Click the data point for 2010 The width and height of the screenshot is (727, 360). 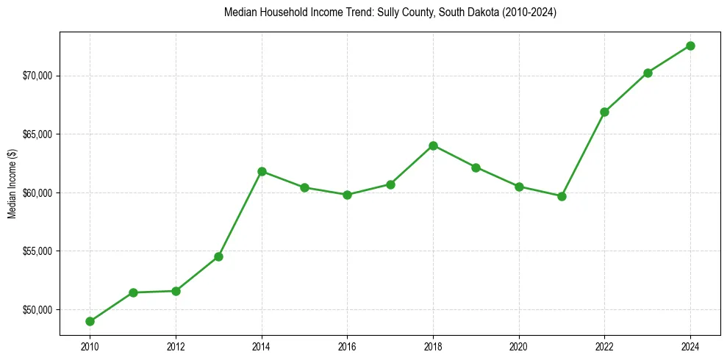click(x=90, y=321)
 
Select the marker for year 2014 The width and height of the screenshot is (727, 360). click(x=262, y=171)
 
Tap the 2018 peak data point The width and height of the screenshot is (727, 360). click(x=433, y=145)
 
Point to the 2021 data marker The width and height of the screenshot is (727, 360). click(x=562, y=196)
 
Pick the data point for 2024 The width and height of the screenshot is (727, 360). click(x=690, y=46)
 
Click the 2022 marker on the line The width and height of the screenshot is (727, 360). click(x=604, y=112)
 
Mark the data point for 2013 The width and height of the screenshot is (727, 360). click(x=218, y=256)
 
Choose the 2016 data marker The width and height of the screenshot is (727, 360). click(x=347, y=195)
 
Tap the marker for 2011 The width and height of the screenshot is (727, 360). click(x=133, y=292)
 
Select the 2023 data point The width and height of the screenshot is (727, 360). click(x=648, y=73)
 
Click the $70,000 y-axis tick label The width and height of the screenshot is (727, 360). click(x=37, y=76)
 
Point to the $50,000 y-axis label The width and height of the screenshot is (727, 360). click(x=37, y=309)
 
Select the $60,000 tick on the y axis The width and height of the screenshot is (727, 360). click(x=37, y=192)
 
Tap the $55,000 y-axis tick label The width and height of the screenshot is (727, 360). click(x=37, y=251)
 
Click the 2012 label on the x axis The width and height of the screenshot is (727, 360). click(x=176, y=346)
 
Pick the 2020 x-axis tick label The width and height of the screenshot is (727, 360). click(x=519, y=346)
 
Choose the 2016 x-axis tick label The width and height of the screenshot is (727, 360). click(x=347, y=346)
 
